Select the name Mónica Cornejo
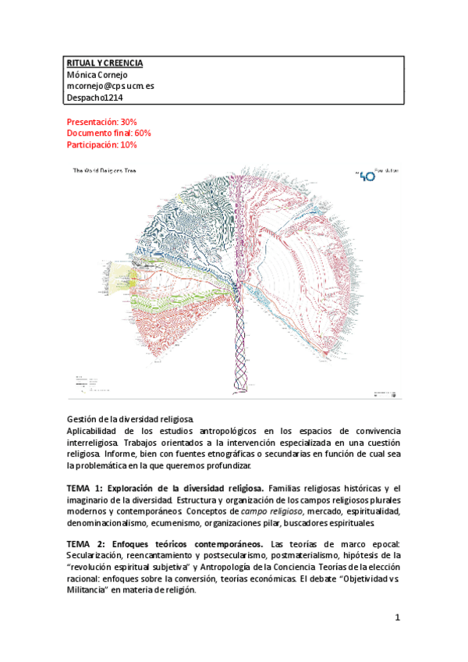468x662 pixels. (x=101, y=75)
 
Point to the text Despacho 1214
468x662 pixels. (x=97, y=98)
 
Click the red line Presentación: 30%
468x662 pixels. (x=102, y=123)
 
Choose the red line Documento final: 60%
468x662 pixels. (x=109, y=133)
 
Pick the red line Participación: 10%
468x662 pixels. (x=102, y=144)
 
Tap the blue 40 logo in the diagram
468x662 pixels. (x=366, y=176)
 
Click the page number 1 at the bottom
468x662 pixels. (x=397, y=619)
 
